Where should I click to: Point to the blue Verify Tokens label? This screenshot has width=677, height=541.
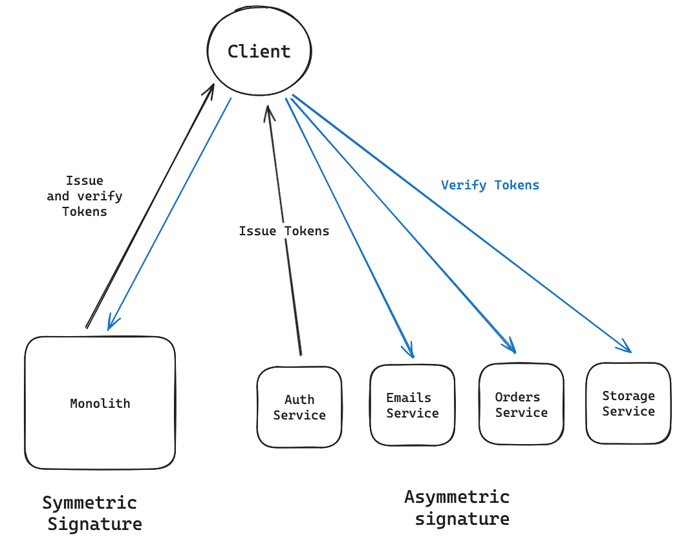tap(489, 186)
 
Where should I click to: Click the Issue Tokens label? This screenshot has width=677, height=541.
tap(284, 231)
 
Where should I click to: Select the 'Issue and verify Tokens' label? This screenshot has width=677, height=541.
tap(85, 196)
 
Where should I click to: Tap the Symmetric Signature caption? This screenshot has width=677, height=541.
tap(92, 513)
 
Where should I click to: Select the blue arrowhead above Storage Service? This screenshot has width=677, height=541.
tap(625, 347)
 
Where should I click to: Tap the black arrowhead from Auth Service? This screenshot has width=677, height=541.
tap(268, 111)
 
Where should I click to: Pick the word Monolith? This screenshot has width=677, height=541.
tap(100, 403)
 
